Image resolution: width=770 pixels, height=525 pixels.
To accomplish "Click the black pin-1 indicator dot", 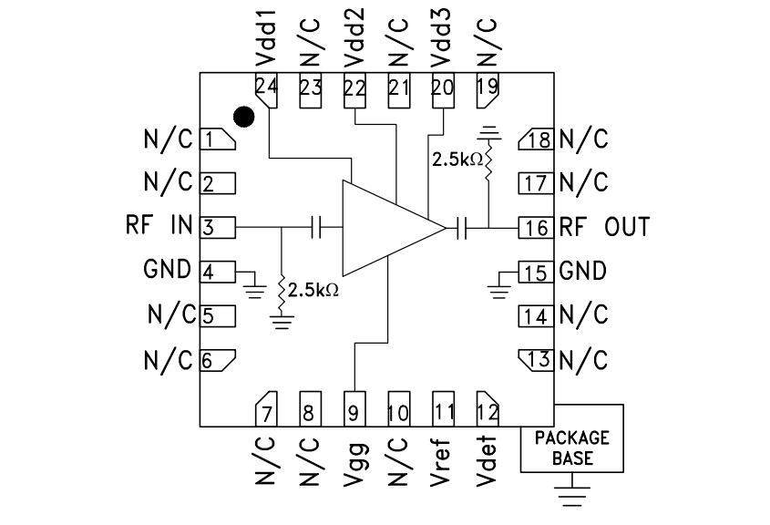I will pos(243,116).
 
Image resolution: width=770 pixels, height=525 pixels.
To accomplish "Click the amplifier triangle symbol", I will pos(383,227).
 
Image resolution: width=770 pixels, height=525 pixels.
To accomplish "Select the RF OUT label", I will pos(604,226).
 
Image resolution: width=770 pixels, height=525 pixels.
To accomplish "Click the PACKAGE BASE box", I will pos(571,448).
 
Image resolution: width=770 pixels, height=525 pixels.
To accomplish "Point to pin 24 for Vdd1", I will pos(267,89).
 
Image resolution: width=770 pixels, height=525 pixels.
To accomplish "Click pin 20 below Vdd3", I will pos(442,88).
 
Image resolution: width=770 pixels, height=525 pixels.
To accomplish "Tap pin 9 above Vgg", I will pos(354,411).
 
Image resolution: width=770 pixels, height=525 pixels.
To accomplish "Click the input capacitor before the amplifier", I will pos(318,227).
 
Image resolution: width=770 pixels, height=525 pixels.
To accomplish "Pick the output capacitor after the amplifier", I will pos(462,227).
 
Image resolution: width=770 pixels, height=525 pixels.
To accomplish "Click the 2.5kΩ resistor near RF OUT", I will pos(489,164).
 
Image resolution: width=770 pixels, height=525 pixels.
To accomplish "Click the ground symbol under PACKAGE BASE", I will pos(571,498).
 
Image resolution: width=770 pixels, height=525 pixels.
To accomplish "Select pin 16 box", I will pos(536,227).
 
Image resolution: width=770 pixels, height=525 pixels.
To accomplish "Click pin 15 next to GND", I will pos(536,272).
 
